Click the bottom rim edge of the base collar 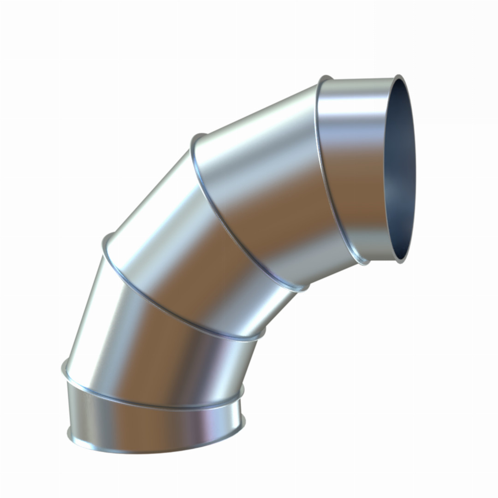[x=152, y=449]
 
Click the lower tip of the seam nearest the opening [x=364, y=262]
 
